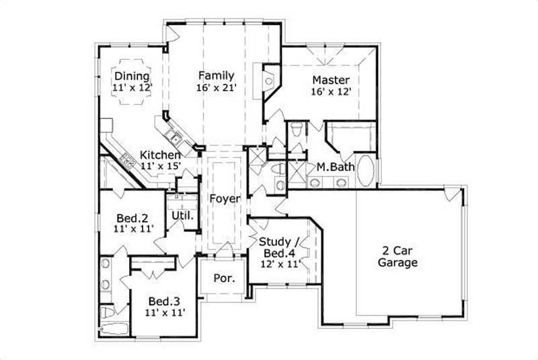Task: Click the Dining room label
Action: point(131,76)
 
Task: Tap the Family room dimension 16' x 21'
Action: point(216,87)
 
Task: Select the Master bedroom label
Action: point(330,80)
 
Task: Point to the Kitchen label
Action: point(159,155)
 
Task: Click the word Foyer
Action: point(221,199)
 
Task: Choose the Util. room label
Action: point(182,216)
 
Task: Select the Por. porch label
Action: point(223,278)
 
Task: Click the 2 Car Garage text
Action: point(397,256)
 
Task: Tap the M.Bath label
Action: point(331,166)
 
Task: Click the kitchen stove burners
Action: point(126,159)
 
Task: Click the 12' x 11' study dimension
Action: point(279,264)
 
